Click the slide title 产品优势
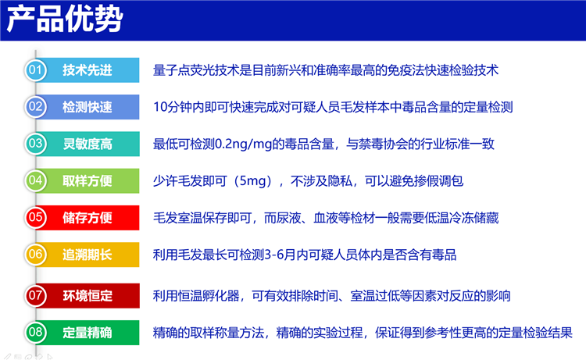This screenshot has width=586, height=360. pyautogui.click(x=65, y=19)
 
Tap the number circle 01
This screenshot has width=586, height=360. pyautogui.click(x=35, y=70)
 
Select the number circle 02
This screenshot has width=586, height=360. pyautogui.click(x=35, y=107)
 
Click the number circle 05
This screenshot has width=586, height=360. pyautogui.click(x=35, y=218)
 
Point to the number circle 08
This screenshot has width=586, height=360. pyautogui.click(x=35, y=333)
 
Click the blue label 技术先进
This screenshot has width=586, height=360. pyautogui.click(x=88, y=70)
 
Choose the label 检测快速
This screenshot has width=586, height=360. pyautogui.click(x=88, y=107)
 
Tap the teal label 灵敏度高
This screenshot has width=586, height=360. pyautogui.click(x=88, y=144)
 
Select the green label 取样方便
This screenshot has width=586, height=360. pyautogui.click(x=88, y=180)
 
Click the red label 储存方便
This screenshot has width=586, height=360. pyautogui.click(x=88, y=218)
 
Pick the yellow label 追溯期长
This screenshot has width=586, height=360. pyautogui.click(x=88, y=255)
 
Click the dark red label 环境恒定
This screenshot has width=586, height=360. pyautogui.click(x=88, y=296)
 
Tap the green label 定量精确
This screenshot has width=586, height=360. pyautogui.click(x=88, y=333)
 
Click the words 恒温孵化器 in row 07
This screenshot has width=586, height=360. pyautogui.click(x=209, y=296)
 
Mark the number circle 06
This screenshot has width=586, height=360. pyautogui.click(x=35, y=255)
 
